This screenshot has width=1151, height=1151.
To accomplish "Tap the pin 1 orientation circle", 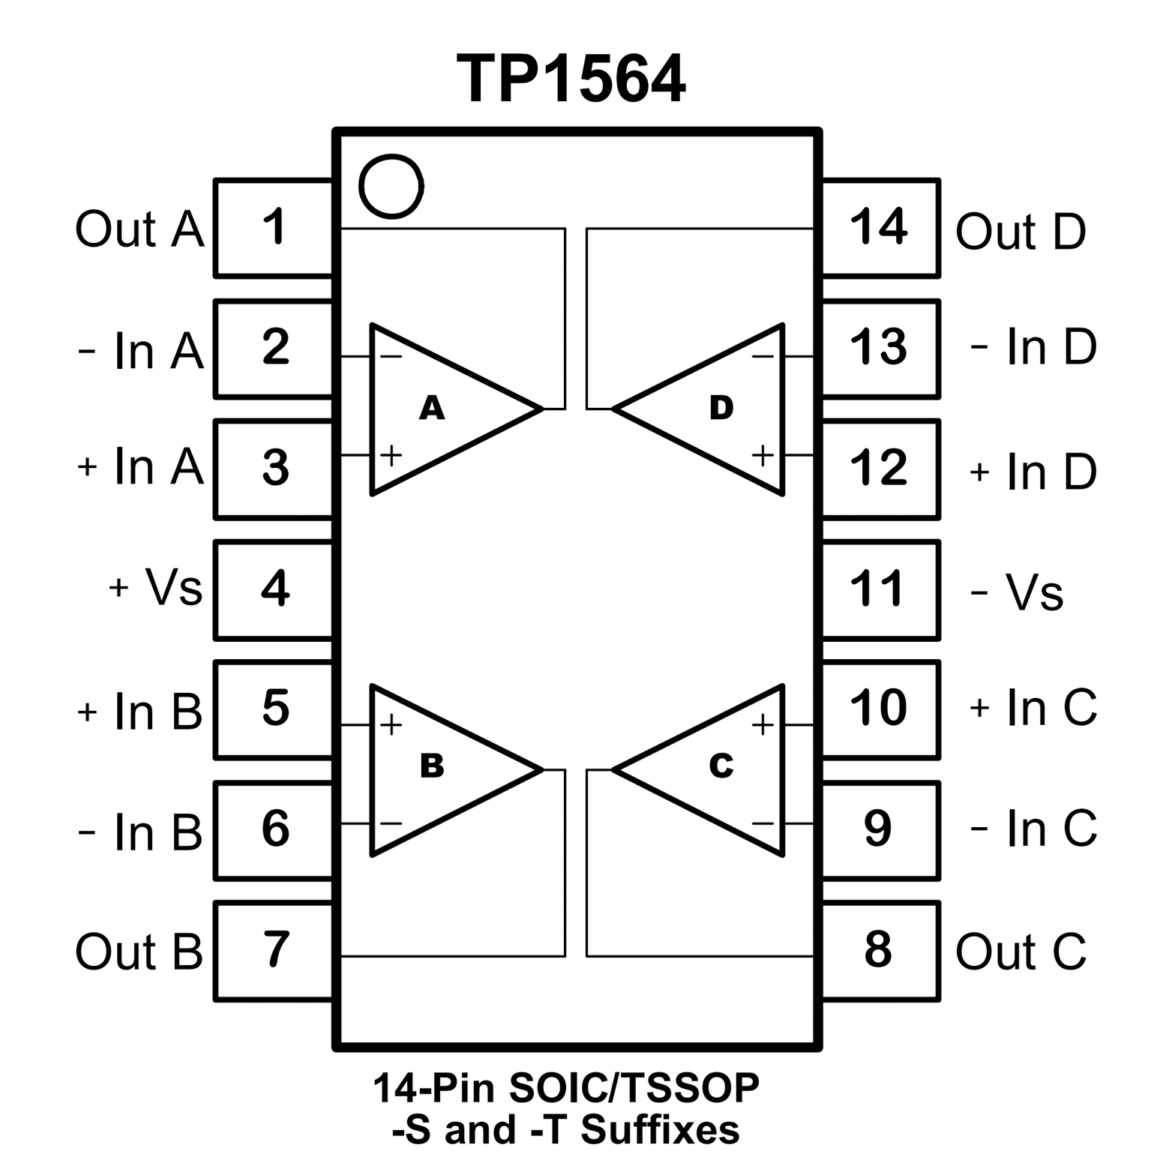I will pyautogui.click(x=391, y=186).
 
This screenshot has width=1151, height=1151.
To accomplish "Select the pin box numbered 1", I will pyautogui.click(x=274, y=228).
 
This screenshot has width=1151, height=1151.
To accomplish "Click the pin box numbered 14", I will pyautogui.click(x=880, y=228).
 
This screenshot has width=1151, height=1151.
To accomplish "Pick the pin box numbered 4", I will pyautogui.click(x=274, y=589).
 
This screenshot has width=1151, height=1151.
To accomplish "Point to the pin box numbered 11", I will pyautogui.click(x=880, y=589).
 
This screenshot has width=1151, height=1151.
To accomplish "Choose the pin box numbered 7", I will pyautogui.click(x=274, y=950).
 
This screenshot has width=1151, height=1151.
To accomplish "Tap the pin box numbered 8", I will pyautogui.click(x=880, y=950).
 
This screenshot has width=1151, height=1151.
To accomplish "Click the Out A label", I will pyautogui.click(x=139, y=229).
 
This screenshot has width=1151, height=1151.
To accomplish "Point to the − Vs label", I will pyautogui.click(x=1017, y=592).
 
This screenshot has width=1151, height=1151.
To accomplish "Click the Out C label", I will pyautogui.click(x=1021, y=952).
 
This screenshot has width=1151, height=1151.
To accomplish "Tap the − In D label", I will pyautogui.click(x=1033, y=347).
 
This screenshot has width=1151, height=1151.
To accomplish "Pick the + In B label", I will pyautogui.click(x=139, y=710).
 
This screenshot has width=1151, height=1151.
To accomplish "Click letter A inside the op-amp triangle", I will pyautogui.click(x=432, y=409).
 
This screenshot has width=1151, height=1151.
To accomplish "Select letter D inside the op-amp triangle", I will pyautogui.click(x=721, y=408).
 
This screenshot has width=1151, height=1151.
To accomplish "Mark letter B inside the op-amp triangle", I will pyautogui.click(x=432, y=766).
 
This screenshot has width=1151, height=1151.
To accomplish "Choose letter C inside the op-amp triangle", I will pyautogui.click(x=721, y=766).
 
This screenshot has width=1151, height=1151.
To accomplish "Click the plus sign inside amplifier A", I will pyautogui.click(x=391, y=455).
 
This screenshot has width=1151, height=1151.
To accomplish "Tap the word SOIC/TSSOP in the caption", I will pyautogui.click(x=634, y=1089).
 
